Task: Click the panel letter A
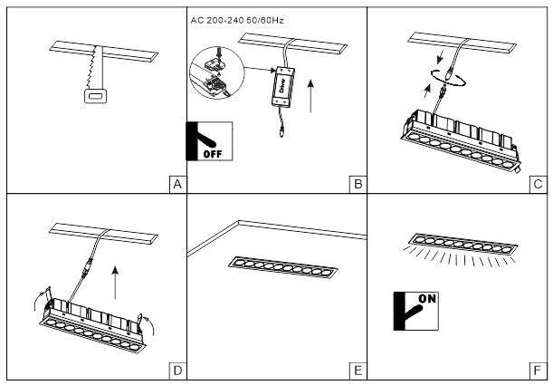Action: coord(177,185)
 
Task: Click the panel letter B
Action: coord(358,185)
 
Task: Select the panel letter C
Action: coord(538,185)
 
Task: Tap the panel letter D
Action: coord(177,370)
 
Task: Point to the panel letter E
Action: coord(358,370)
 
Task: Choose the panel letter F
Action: coord(538,370)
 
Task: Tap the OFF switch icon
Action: coord(209,140)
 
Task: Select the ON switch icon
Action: coord(415,313)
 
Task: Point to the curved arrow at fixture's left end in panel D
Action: coord(39,295)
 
